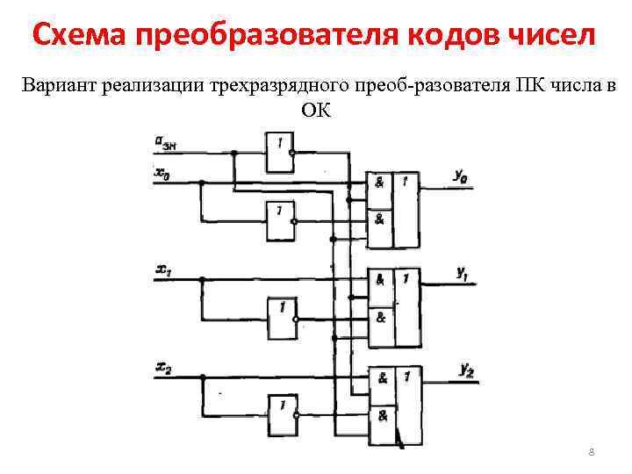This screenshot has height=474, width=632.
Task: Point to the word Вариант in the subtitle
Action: pos(59,86)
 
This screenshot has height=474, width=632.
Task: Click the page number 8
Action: pos(591,452)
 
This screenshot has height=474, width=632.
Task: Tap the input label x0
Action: pos(163,173)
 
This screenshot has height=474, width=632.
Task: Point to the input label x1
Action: pos(163,270)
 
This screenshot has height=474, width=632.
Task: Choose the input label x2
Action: pos(163,367)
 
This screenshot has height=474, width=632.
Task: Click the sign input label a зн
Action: pos(167,142)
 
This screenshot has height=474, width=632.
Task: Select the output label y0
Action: pos(461,176)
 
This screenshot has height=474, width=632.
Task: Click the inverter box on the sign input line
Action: pos(279,151)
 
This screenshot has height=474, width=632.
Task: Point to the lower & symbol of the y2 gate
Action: pos(383,416)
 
